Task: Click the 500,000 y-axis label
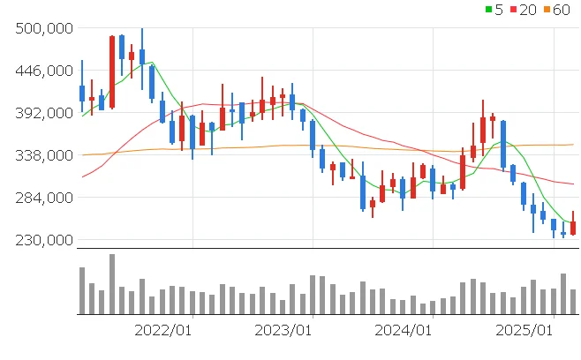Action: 43,28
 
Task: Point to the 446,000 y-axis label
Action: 43,71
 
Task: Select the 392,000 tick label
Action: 43,113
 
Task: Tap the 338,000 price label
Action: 43,155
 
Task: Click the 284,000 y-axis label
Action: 43,198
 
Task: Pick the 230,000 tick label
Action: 43,240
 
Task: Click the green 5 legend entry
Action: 494,9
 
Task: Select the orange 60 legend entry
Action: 558,9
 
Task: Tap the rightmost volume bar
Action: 573,302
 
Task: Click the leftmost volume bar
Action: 82,290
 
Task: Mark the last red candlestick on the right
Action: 573,228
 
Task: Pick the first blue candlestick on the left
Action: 82,93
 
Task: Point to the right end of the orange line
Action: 573,144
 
